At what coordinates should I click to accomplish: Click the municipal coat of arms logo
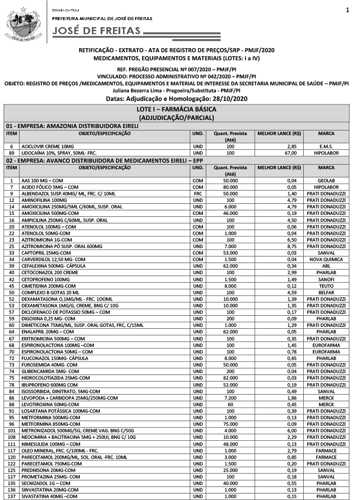pyautogui.click(x=23, y=23)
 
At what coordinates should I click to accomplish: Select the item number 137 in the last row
pyautogui.click(x=11, y=496)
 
